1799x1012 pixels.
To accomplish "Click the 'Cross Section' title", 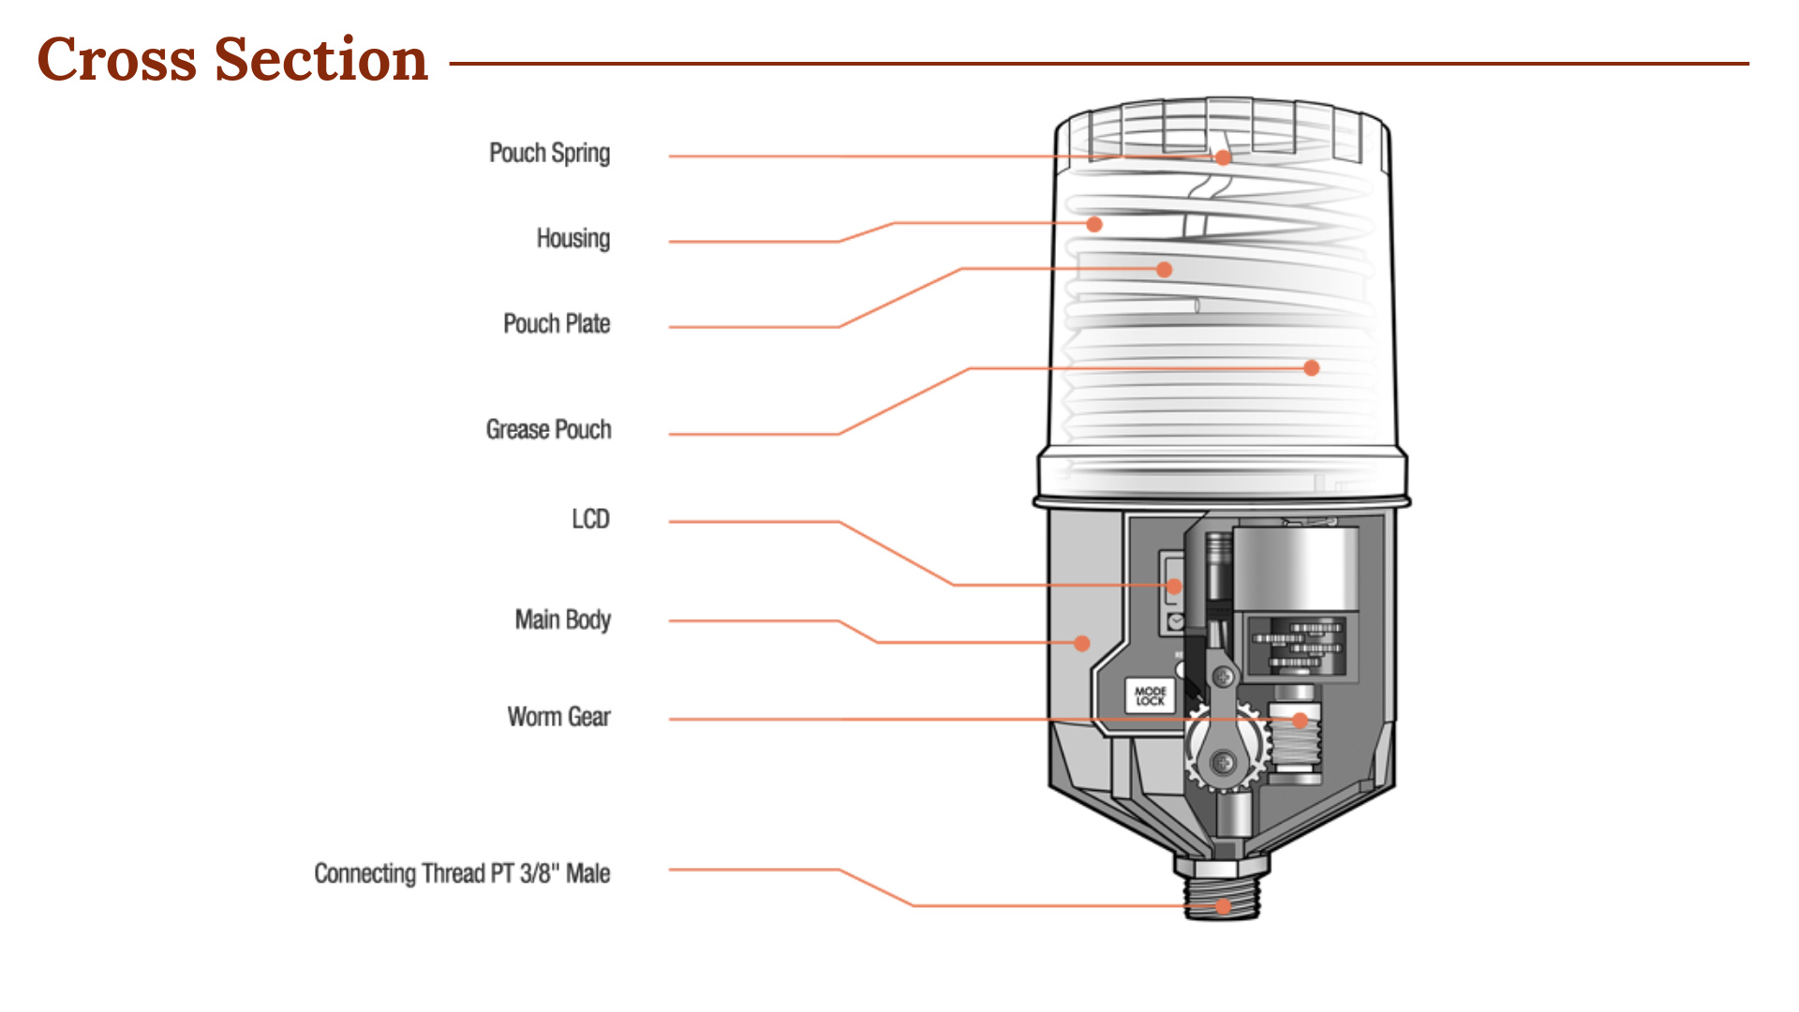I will [232, 60].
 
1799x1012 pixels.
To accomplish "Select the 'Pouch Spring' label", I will [549, 153].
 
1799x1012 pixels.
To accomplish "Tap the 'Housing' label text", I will [572, 239].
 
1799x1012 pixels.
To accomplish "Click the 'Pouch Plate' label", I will [557, 324].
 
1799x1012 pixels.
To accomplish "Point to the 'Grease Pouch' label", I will [548, 430].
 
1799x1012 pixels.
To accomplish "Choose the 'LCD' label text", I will [590, 519].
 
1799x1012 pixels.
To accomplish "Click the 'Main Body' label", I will [562, 619].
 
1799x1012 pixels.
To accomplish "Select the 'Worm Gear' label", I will [558, 718].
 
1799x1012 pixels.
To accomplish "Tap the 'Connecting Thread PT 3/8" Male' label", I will [462, 874].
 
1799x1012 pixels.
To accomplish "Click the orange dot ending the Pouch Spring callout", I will [1224, 157].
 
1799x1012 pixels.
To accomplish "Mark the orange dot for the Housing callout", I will [1093, 224].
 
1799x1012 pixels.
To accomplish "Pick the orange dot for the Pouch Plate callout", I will [1165, 270].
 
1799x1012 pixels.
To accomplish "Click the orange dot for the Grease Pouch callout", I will [1312, 368].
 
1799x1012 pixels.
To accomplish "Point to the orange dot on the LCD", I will [1174, 587].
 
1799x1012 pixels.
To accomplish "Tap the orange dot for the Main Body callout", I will [1082, 644].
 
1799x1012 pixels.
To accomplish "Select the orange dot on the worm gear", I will [1301, 721].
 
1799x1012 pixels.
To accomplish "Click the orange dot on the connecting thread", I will [1223, 906].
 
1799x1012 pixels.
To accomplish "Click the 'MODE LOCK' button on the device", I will [1150, 696].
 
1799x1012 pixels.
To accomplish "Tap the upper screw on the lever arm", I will [1223, 676].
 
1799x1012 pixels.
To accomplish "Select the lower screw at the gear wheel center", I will [1223, 763].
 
